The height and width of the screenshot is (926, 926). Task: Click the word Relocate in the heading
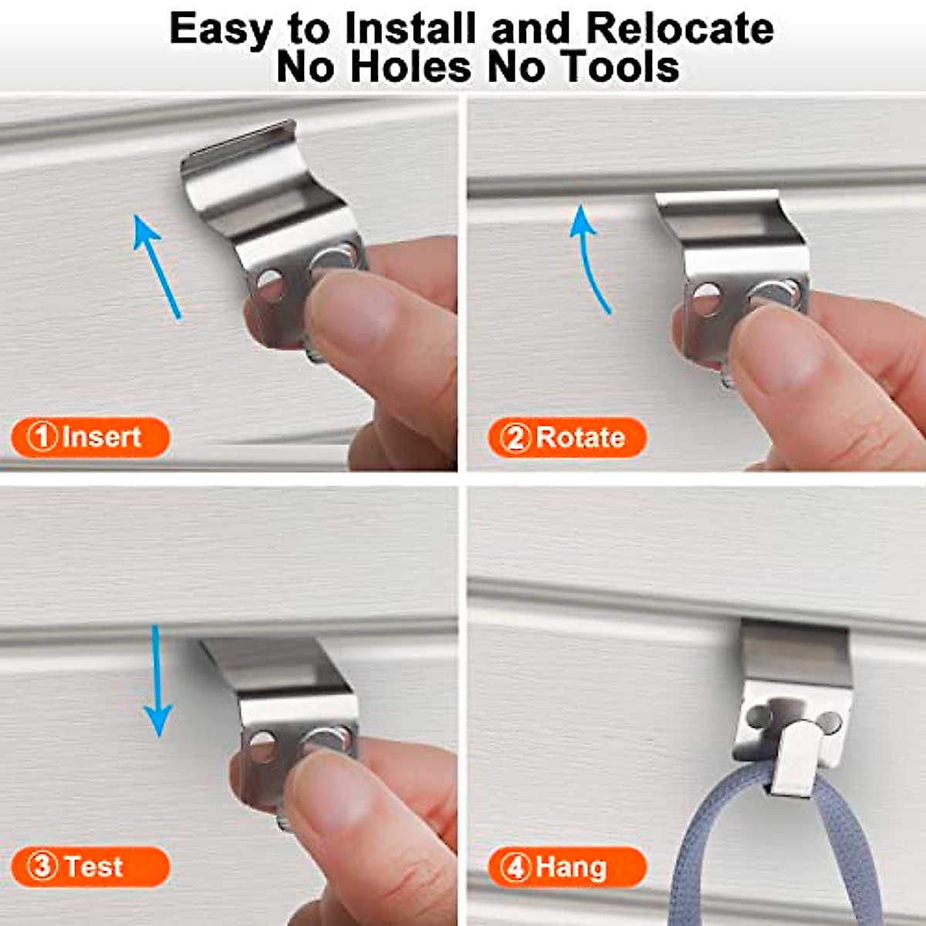(x=679, y=29)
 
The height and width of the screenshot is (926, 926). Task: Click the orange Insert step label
(x=90, y=438)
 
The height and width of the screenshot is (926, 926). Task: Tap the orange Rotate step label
(x=566, y=438)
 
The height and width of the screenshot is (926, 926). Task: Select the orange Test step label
(x=90, y=867)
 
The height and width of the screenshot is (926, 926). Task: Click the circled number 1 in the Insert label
(x=42, y=438)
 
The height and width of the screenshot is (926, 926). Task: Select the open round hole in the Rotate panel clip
(x=705, y=299)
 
